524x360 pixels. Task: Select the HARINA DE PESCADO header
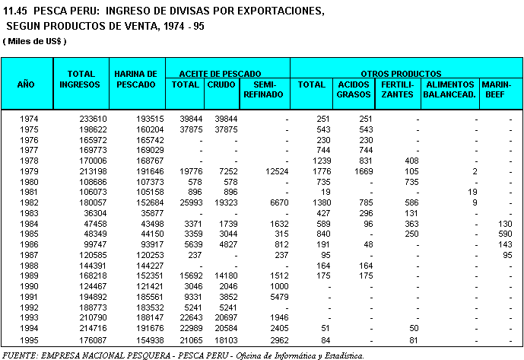pyautogui.click(x=136, y=79)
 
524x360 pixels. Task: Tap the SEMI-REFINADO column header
pyautogui.click(x=265, y=89)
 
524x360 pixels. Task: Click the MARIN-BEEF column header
pyautogui.click(x=497, y=89)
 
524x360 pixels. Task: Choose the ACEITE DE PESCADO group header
pyautogui.click(x=227, y=71)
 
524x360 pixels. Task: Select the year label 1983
pyautogui.click(x=29, y=214)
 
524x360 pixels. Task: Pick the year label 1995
pyautogui.click(x=29, y=341)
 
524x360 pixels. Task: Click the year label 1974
pyautogui.click(x=29, y=119)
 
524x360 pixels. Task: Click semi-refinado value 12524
pyautogui.click(x=276, y=171)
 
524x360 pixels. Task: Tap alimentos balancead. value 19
pyautogui.click(x=472, y=193)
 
